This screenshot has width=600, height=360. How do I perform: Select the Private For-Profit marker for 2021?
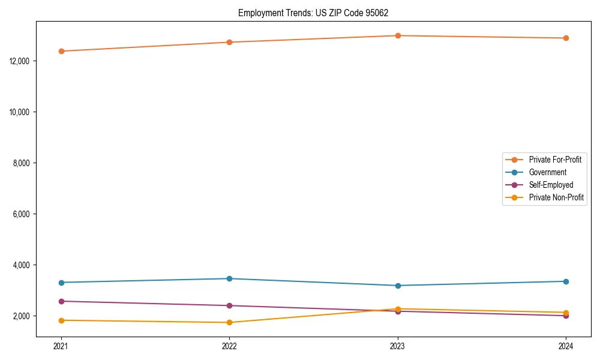61,51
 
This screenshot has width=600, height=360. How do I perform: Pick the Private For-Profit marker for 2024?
566,38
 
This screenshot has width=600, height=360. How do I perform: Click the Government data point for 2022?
229,278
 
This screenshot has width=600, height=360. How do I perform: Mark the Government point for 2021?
61,283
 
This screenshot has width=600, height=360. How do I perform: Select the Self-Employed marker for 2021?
61,301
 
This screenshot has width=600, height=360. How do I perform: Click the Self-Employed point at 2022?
229,305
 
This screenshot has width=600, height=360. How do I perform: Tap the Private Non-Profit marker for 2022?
229,323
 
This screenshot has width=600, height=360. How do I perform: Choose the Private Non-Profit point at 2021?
61,320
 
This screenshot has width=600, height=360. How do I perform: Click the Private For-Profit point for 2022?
229,42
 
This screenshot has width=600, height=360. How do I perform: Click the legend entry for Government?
547,172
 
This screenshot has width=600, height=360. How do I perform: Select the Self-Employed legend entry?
551,185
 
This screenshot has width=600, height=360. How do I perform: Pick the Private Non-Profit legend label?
556,197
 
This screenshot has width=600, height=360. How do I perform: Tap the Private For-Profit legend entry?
555,160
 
